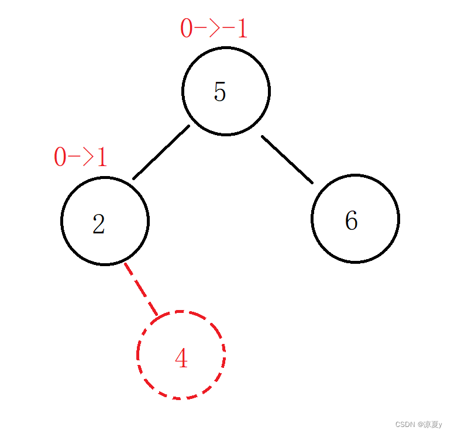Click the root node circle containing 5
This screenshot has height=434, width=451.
226,91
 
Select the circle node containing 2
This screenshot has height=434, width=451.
105,221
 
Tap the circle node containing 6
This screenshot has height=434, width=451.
355,218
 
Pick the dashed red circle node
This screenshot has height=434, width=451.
181,355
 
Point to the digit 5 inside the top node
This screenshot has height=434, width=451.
220,92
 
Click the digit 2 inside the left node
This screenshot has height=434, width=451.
99,224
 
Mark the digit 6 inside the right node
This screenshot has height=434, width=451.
351,221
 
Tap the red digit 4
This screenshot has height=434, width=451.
181,359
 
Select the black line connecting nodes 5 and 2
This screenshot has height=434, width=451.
161,152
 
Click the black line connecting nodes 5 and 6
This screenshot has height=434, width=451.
287,160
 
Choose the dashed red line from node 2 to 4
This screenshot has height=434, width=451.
140,289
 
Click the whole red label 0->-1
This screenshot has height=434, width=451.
214,29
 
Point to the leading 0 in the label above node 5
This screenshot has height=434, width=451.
186,29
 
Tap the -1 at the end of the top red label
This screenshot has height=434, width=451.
234,29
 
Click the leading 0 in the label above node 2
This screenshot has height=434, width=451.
60,157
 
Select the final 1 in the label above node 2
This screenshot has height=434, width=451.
102,157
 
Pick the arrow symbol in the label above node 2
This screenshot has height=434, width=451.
80,157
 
